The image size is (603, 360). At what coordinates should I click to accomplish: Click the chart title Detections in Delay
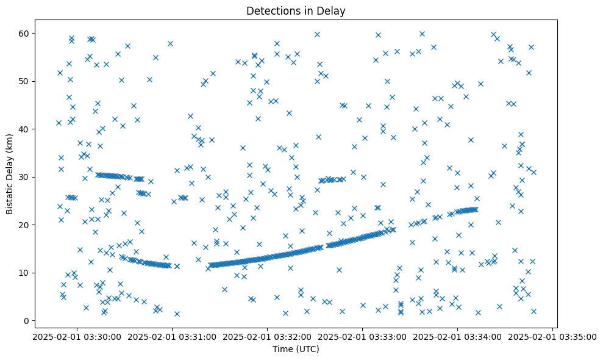[296, 11]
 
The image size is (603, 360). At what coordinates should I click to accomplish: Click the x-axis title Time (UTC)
[296, 350]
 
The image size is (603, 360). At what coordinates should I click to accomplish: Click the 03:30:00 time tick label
[77, 336]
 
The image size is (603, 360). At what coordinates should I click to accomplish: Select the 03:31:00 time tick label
[172, 336]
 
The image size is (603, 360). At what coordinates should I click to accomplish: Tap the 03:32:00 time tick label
[267, 336]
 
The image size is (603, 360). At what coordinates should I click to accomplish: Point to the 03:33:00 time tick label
[362, 336]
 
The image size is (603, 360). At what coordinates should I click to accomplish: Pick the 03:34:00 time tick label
[457, 336]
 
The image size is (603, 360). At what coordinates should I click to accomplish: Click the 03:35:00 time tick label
[552, 336]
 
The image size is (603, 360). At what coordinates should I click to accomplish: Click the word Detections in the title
[270, 11]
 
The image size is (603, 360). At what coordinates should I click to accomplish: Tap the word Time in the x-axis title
[282, 350]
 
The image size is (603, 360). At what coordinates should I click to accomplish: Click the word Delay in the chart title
[333, 11]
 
